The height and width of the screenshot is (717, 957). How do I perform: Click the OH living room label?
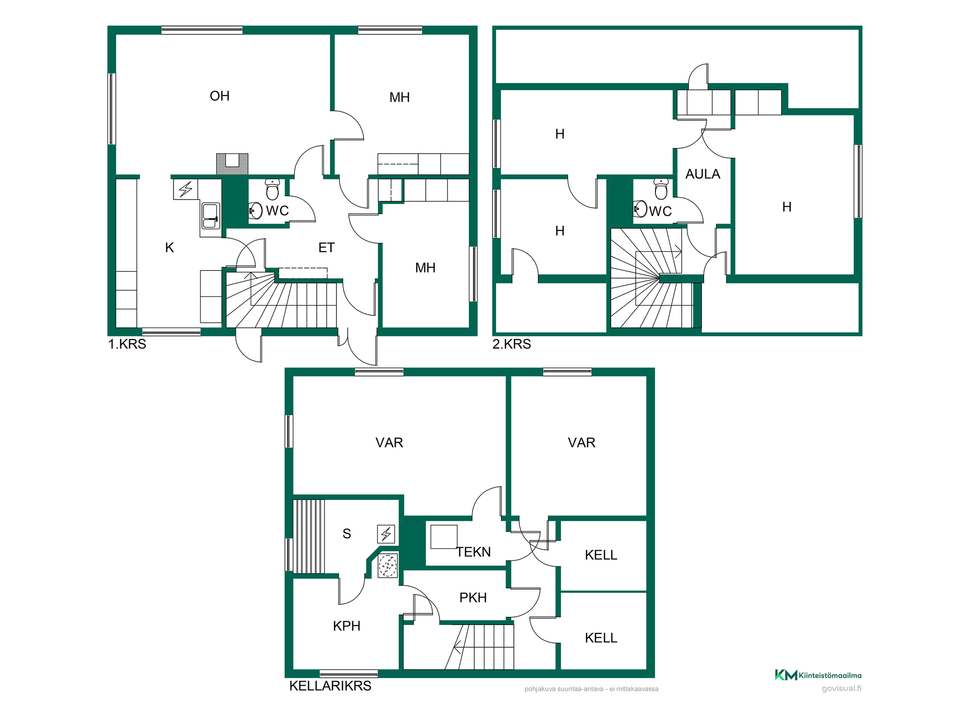point(219,96)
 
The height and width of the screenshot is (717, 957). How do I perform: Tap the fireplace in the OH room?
point(232,164)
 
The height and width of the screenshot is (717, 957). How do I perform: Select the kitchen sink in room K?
point(210,216)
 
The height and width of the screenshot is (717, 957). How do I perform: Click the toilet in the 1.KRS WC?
point(272,189)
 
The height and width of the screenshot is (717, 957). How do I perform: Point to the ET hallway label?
point(326,248)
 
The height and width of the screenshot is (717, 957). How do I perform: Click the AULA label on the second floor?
point(703,174)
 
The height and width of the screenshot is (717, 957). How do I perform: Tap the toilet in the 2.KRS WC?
point(661,189)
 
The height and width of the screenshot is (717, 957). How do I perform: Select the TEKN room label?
point(474,552)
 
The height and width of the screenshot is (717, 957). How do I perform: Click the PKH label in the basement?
point(473,597)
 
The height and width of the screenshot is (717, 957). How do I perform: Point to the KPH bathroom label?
point(346,626)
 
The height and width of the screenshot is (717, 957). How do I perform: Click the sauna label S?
point(347,534)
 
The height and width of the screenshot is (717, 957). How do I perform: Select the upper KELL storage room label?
point(601,555)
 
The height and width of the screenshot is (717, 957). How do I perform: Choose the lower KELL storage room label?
point(601,638)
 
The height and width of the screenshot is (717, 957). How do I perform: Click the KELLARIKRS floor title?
point(330,686)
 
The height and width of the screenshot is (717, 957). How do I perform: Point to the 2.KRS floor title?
point(512,344)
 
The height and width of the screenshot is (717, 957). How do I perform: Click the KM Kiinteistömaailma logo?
point(818,675)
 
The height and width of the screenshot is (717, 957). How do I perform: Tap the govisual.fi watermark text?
point(842,688)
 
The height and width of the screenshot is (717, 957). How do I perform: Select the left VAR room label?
point(389,443)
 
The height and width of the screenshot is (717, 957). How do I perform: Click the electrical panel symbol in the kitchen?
point(185,189)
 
